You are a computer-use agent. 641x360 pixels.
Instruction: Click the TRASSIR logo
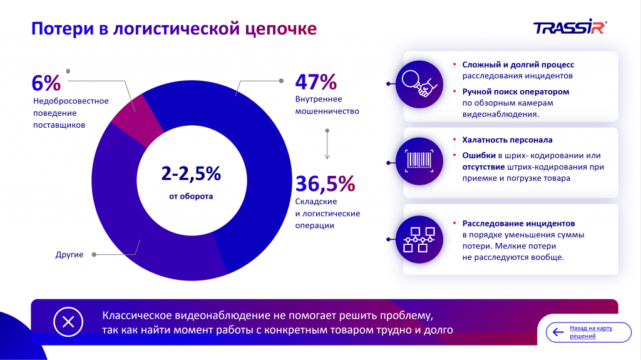(570, 28)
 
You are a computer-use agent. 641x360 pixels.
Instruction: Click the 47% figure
(316, 82)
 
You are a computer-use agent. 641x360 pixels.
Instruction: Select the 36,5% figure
(325, 183)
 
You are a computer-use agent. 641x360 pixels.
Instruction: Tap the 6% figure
(46, 83)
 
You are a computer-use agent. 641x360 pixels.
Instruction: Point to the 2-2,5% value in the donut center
(191, 173)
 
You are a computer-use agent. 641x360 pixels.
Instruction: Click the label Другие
(69, 255)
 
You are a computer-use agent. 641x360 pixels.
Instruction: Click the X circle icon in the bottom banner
(68, 322)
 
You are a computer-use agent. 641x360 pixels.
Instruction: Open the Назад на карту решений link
(590, 332)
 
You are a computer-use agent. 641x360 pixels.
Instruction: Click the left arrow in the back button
(557, 332)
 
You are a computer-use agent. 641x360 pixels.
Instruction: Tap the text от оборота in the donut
(191, 196)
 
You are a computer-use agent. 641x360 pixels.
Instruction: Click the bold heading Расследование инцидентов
(518, 223)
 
